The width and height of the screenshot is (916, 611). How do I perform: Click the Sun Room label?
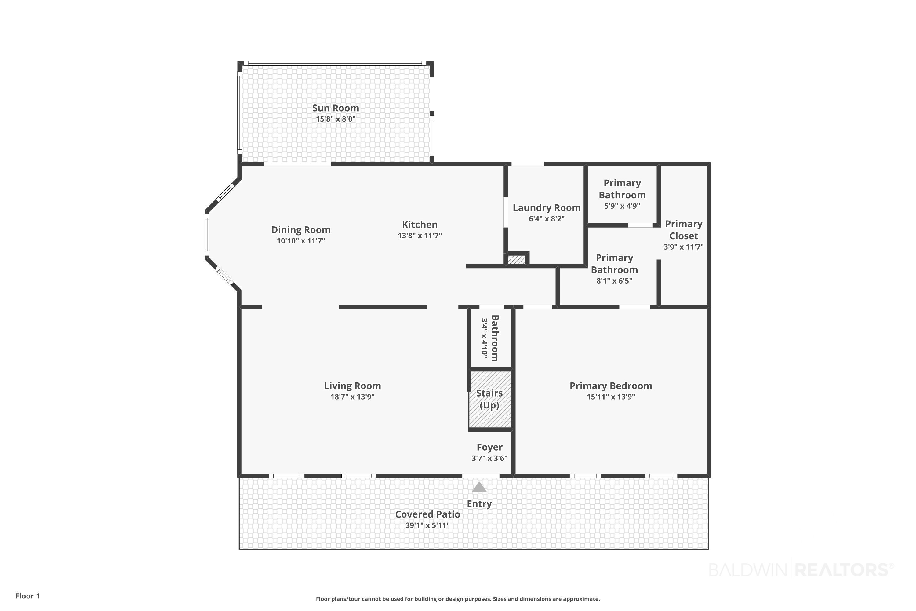point(335,108)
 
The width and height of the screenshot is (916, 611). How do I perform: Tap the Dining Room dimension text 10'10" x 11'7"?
point(301,241)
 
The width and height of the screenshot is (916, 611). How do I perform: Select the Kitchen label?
point(420,225)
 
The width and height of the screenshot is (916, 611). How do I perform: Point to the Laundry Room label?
point(547,208)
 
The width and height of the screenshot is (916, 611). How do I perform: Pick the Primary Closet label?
point(684,230)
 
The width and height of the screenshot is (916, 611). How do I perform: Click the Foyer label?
point(489,447)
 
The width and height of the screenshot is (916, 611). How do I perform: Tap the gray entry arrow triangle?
point(479,488)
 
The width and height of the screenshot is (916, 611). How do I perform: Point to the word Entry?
point(479,504)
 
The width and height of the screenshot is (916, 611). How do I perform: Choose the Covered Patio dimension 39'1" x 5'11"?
point(427,525)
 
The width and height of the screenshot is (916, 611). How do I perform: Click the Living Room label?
point(352,386)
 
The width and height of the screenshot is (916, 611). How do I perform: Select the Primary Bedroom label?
point(611,386)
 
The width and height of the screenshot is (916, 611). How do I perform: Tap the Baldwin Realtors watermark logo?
point(801,570)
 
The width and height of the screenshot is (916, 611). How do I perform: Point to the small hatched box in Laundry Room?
point(516,259)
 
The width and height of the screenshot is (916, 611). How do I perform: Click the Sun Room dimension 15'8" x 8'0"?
point(335,119)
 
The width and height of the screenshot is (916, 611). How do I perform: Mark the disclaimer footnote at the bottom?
point(458,599)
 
